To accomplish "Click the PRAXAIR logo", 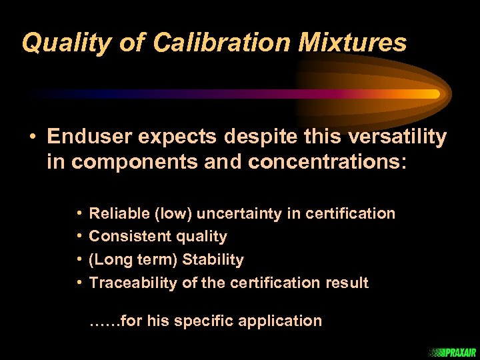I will (454, 352).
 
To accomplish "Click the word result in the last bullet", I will (347, 283).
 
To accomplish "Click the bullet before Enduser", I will (33, 137).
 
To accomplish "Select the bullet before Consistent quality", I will (79, 237).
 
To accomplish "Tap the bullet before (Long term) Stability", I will (79, 259).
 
